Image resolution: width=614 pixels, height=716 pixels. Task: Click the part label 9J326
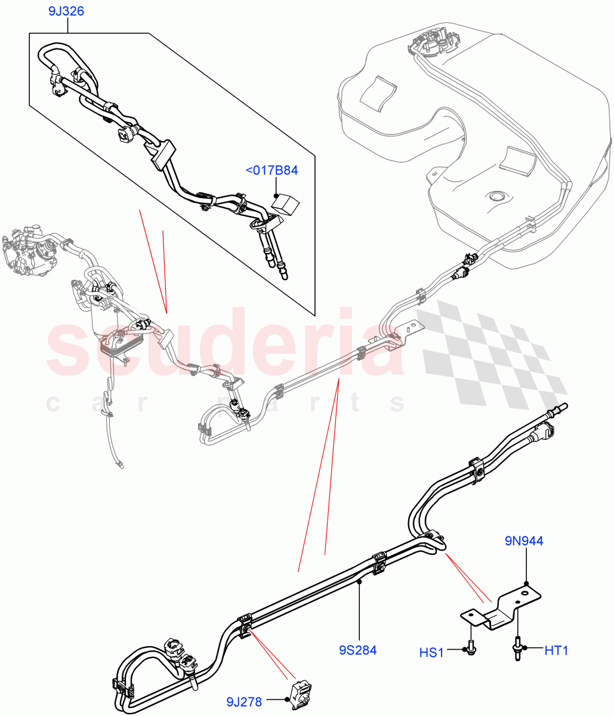(x=66, y=11)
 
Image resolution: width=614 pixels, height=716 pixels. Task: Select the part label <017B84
(x=271, y=171)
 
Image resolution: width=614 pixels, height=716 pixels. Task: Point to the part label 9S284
(x=359, y=650)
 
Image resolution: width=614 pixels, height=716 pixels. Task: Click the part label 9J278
(x=244, y=702)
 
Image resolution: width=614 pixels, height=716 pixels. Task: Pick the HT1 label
(x=556, y=650)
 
